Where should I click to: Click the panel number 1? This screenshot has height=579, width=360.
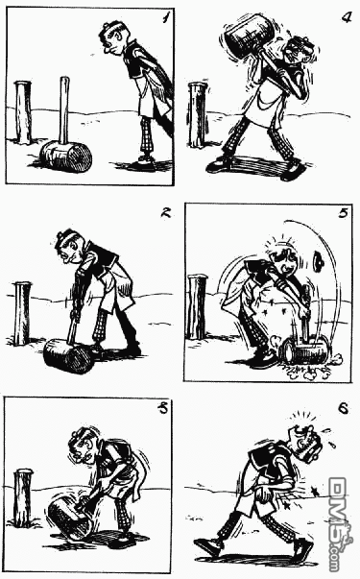click(164, 17)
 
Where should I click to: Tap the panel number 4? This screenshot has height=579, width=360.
click(346, 17)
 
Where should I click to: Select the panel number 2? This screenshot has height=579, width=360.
click(166, 212)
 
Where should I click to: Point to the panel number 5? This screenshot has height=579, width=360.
click(343, 213)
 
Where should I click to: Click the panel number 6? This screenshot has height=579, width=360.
click(343, 408)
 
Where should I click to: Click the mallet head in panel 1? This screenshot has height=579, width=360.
click(65, 157)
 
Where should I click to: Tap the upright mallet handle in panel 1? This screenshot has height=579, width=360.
click(64, 109)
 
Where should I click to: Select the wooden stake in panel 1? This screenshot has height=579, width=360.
click(22, 112)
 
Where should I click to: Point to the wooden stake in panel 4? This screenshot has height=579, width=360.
click(198, 115)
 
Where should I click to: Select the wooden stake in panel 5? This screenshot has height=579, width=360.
click(197, 306)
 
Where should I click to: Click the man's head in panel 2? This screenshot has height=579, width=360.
click(70, 246)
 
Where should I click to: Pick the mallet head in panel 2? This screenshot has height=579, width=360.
click(69, 356)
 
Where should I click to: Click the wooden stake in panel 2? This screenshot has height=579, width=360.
click(22, 313)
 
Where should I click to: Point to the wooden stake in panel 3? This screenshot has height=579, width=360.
click(23, 498)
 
